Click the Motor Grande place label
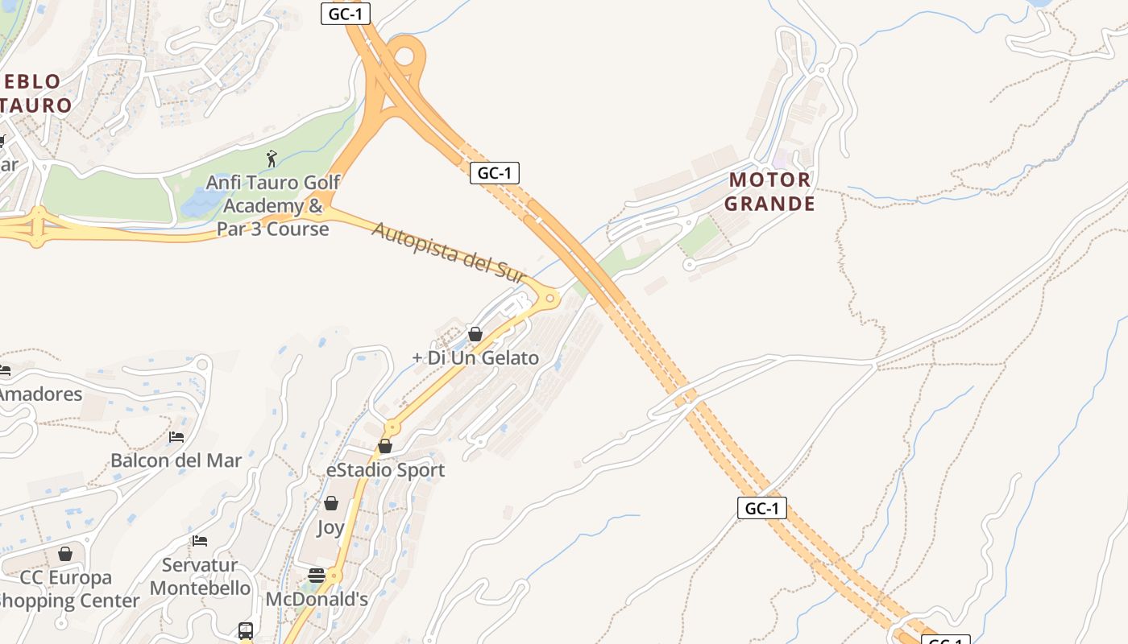coord(769,191)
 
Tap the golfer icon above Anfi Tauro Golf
coord(272,158)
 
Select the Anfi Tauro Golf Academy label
coord(273,206)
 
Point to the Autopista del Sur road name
coord(448,252)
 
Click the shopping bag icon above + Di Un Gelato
coord(475,334)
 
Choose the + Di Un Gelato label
coord(475,358)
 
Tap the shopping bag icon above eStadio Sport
coord(385,446)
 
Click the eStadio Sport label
coord(385,470)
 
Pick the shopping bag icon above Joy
coord(330,503)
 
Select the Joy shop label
coord(330,528)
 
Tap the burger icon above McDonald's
coord(317,576)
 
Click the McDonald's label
coord(317,599)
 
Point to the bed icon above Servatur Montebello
coord(200,540)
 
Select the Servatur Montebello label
coord(200,576)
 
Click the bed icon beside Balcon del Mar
coord(176,437)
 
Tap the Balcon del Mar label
coord(176,461)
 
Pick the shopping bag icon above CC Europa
coord(65,554)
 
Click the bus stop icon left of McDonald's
coord(246,630)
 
